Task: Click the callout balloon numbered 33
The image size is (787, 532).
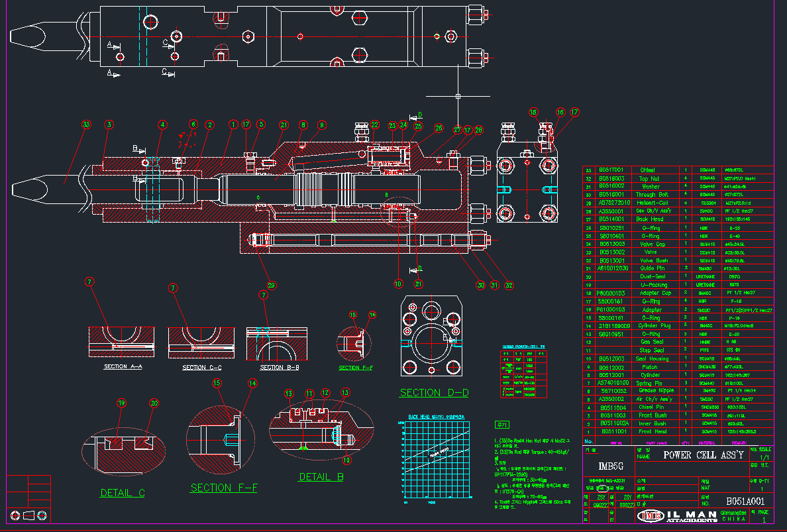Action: click(x=85, y=124)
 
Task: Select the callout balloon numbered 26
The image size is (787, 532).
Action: click(x=438, y=127)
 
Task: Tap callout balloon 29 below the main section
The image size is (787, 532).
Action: click(x=271, y=286)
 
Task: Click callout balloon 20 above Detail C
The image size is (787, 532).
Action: click(x=154, y=403)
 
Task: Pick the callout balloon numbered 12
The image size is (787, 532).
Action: click(x=325, y=393)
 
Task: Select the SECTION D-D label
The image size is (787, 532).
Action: click(x=434, y=392)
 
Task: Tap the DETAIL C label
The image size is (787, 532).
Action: click(x=123, y=493)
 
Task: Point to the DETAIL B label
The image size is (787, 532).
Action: click(x=321, y=476)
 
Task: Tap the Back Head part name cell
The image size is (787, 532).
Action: click(x=650, y=219)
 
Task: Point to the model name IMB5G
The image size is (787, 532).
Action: click(x=613, y=466)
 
